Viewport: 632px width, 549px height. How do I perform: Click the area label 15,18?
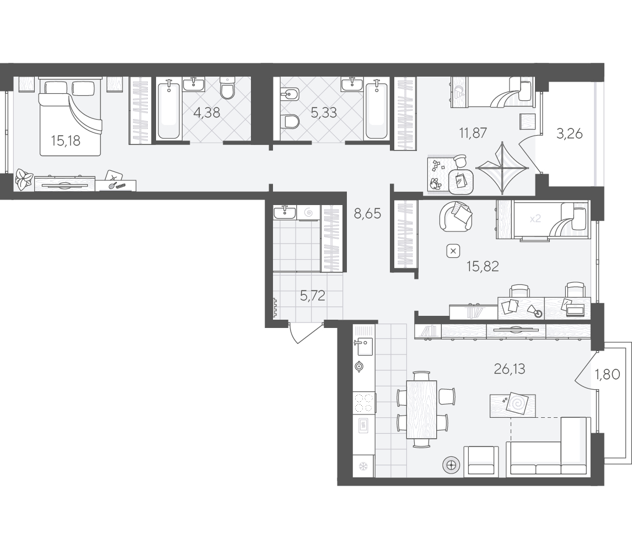66,141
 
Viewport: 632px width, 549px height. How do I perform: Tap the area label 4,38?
207,112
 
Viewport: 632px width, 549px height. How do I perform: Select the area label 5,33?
324,112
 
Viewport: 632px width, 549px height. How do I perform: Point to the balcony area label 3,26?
570,133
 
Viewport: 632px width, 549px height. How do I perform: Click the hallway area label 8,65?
367,213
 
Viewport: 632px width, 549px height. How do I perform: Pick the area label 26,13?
510,369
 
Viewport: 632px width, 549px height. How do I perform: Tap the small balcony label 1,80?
607,375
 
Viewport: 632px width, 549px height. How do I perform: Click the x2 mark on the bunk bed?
535,219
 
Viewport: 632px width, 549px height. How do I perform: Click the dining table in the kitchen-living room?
421,409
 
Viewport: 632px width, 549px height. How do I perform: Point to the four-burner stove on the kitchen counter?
364,403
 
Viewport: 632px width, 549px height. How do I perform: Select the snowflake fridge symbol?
363,467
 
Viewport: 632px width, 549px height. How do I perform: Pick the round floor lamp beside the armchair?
452,466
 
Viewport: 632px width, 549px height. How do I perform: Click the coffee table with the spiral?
513,406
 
